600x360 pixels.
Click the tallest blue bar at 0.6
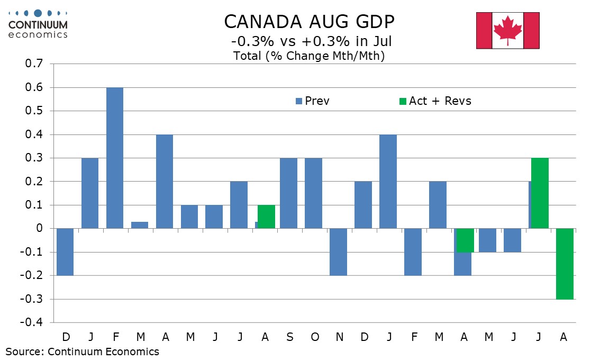[x=115, y=158]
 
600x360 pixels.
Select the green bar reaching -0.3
[x=565, y=264]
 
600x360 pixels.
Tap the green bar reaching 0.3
[x=540, y=193]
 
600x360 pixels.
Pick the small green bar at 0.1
[x=267, y=217]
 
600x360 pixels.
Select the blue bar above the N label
[x=338, y=252]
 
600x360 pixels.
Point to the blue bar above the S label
[x=288, y=193]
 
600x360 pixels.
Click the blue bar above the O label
[x=313, y=193]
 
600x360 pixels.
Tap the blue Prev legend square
[x=298, y=101]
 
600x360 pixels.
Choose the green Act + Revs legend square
[x=403, y=101]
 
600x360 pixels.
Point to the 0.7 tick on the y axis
[x=33, y=64]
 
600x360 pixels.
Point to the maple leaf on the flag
[x=508, y=30]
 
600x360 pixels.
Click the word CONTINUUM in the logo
[x=38, y=24]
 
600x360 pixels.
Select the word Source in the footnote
[x=24, y=351]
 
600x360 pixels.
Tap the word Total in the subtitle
[x=248, y=56]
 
